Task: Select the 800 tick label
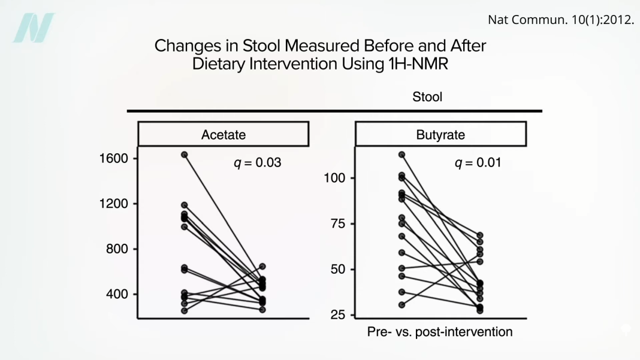(x=115, y=249)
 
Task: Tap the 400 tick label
(x=115, y=294)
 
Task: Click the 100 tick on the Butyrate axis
(x=334, y=178)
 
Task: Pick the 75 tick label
(x=337, y=223)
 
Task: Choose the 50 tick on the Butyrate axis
(x=337, y=269)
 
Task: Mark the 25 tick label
(x=337, y=314)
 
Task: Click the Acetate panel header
(x=224, y=134)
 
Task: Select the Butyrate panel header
(x=440, y=134)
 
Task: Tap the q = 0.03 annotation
(x=257, y=162)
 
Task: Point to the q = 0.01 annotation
(x=478, y=162)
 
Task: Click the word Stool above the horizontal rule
(x=427, y=96)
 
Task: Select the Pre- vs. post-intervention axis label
(x=440, y=331)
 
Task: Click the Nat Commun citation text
(x=561, y=19)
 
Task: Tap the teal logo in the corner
(x=34, y=28)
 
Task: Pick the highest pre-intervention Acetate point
(x=185, y=155)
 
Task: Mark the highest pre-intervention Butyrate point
(x=401, y=155)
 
